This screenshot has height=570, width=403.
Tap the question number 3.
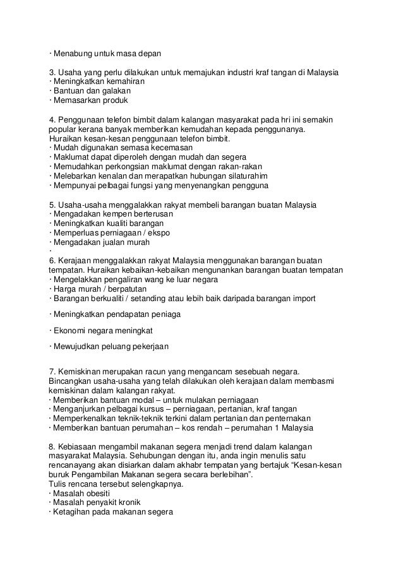pos(51,72)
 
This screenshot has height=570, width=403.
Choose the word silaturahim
pos(242,176)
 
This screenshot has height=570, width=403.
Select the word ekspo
pos(158,233)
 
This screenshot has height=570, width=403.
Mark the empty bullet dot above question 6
pos(50,252)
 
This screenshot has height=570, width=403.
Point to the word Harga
pos(65,289)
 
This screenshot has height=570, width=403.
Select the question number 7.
pos(51,370)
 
